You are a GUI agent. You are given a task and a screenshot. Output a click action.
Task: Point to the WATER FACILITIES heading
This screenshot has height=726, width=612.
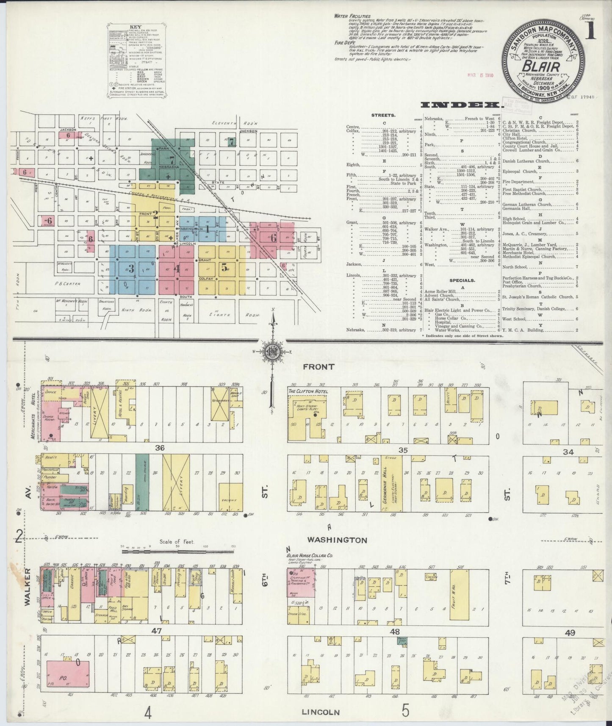click(352, 16)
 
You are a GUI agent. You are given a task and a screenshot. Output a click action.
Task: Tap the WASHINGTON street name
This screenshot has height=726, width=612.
click(337, 540)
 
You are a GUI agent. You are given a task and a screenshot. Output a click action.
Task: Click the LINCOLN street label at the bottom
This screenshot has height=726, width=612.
click(321, 712)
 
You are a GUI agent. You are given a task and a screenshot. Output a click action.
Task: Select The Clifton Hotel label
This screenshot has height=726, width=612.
click(307, 391)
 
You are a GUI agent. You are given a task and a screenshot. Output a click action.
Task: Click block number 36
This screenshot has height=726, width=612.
click(159, 448)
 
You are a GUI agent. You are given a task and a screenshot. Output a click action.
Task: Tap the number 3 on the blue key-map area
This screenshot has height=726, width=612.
click(131, 268)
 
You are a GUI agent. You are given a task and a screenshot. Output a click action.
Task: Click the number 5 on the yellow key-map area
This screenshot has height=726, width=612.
click(225, 267)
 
